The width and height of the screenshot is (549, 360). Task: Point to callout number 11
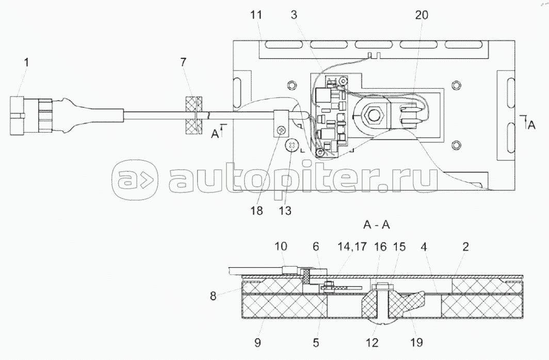pyautogui.click(x=256, y=15)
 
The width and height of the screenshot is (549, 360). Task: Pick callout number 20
pyautogui.click(x=422, y=15)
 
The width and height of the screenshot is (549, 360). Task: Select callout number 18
pyautogui.click(x=256, y=210)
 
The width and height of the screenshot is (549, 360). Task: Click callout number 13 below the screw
pyautogui.click(x=284, y=210)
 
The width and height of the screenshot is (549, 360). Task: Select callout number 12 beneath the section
pyautogui.click(x=372, y=341)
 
